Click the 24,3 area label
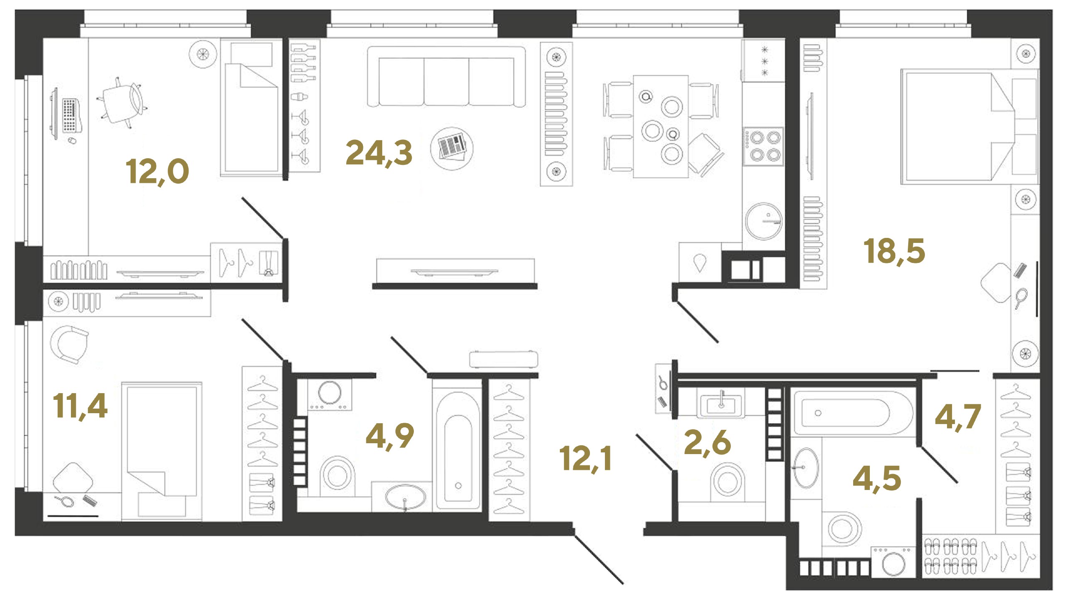point(379,153)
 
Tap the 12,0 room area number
point(157,172)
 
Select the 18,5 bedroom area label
point(894,251)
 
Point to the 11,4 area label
point(80,406)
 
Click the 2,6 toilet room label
point(707,442)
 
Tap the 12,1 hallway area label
point(585,458)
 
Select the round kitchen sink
point(763,221)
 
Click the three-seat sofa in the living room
point(446,77)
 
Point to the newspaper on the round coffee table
point(452,148)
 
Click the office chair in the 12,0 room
point(121,102)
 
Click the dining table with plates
point(661,126)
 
